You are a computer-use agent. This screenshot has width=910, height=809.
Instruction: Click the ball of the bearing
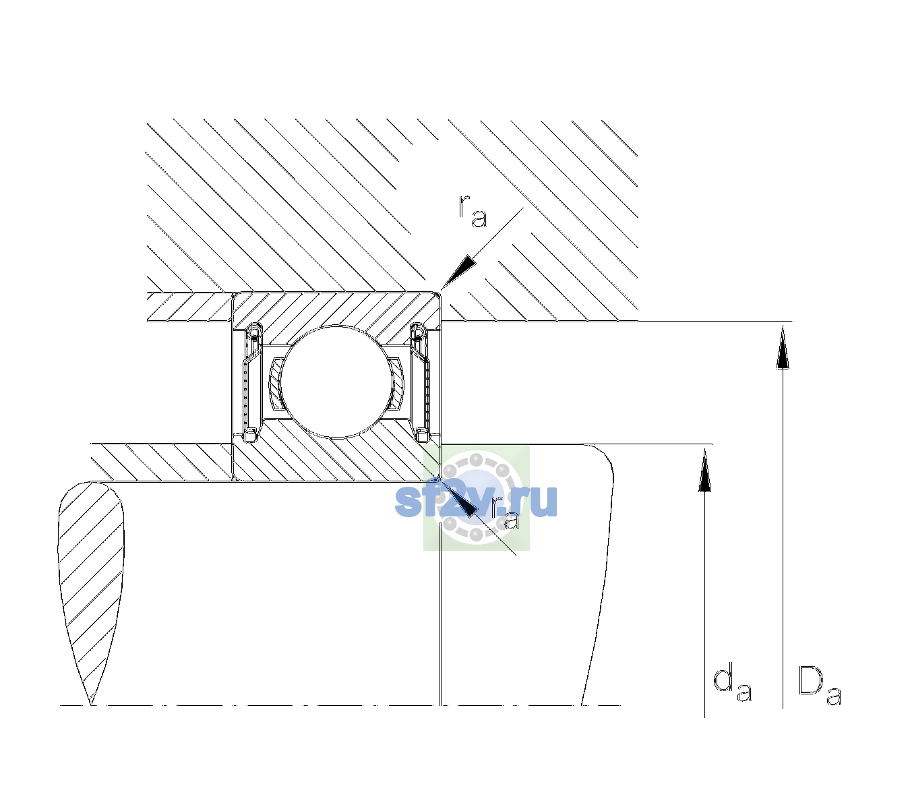click(336, 382)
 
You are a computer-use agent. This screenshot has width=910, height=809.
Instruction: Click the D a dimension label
click(819, 686)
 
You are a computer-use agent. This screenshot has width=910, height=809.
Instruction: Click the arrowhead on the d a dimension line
click(704, 471)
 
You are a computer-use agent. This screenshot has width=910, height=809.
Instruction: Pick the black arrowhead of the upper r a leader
click(458, 272)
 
